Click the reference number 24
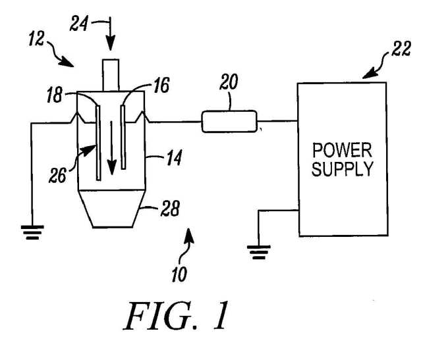click(x=78, y=24)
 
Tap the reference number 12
click(x=36, y=39)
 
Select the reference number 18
click(x=55, y=95)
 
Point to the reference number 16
click(x=161, y=85)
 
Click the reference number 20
click(x=229, y=82)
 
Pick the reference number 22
click(x=401, y=49)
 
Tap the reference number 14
click(x=175, y=157)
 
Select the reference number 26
click(x=57, y=176)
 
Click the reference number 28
click(x=170, y=208)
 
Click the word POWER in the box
click(x=343, y=150)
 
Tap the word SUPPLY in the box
click(x=343, y=168)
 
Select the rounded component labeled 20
click(x=229, y=122)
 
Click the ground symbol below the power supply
click(x=258, y=252)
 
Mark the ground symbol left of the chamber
click(x=32, y=232)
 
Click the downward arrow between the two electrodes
click(x=111, y=148)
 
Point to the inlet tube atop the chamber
click(x=111, y=75)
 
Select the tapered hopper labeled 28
click(x=112, y=209)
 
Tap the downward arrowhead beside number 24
click(x=110, y=43)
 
